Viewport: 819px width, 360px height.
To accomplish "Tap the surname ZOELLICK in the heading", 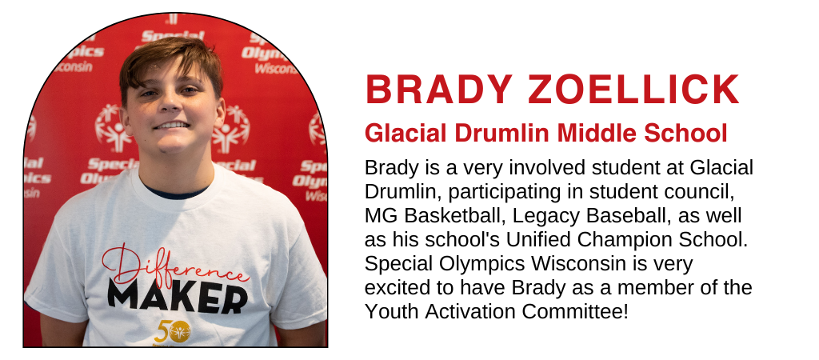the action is point(633,90).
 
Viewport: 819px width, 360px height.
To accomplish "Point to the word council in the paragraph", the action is point(697,192).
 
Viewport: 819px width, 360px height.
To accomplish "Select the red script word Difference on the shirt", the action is point(173,266).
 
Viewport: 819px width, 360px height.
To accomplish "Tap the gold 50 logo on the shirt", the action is point(172,331).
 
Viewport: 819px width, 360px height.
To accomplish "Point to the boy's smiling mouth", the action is point(172,126).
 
